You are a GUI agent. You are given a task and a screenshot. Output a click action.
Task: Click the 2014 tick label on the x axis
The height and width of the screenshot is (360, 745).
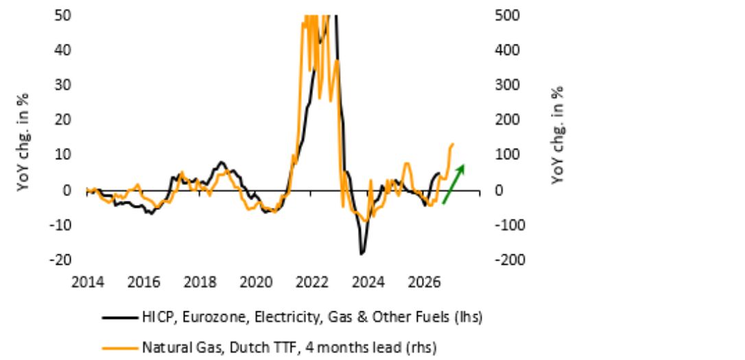(x=88, y=283)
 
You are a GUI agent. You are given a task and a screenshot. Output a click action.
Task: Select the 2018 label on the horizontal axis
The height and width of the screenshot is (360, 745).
(x=200, y=283)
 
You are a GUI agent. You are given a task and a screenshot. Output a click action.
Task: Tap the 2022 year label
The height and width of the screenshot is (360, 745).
(x=312, y=283)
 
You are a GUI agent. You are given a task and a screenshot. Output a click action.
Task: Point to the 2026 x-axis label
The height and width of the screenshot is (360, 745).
(x=424, y=283)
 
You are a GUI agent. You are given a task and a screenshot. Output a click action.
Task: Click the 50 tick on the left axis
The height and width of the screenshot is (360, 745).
(x=63, y=15)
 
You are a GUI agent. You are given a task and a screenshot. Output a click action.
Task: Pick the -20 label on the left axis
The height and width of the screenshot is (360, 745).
(x=60, y=259)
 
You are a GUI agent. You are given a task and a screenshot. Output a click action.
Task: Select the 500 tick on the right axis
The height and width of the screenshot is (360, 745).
(x=508, y=15)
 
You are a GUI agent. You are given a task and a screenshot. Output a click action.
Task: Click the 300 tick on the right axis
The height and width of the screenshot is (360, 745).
(x=508, y=85)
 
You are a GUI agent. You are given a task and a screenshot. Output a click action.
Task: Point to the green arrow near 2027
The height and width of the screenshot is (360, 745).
(x=453, y=184)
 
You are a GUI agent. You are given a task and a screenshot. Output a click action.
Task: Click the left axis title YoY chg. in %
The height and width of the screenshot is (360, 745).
(x=23, y=142)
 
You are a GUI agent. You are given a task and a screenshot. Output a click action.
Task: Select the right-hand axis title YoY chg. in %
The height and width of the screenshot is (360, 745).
(x=557, y=135)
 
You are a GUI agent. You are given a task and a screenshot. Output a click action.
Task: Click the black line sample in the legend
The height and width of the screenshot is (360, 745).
(x=120, y=317)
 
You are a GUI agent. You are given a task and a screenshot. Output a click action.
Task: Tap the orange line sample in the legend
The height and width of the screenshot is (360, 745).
(x=120, y=348)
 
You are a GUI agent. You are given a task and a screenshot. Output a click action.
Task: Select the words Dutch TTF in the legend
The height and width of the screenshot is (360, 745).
(x=257, y=348)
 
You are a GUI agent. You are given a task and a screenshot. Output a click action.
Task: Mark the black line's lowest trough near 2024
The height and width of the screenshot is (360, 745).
(x=362, y=254)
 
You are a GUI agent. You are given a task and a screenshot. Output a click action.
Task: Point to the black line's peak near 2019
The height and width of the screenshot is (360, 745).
(x=221, y=163)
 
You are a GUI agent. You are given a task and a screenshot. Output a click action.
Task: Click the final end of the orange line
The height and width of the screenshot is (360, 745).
(x=453, y=143)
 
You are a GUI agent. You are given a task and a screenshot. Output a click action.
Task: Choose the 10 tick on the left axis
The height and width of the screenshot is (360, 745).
(x=63, y=155)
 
